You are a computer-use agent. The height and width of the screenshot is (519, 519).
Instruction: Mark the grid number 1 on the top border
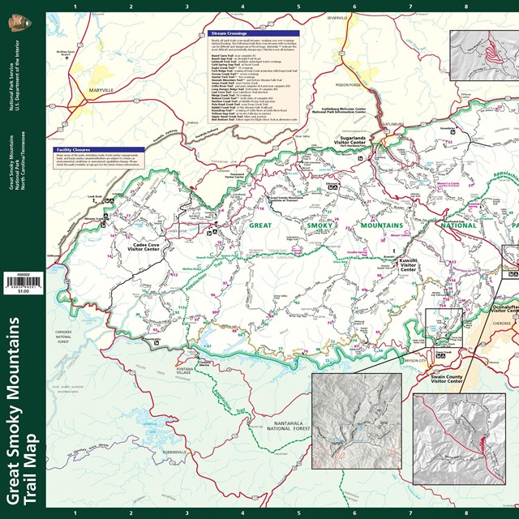tap(75, 7)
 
